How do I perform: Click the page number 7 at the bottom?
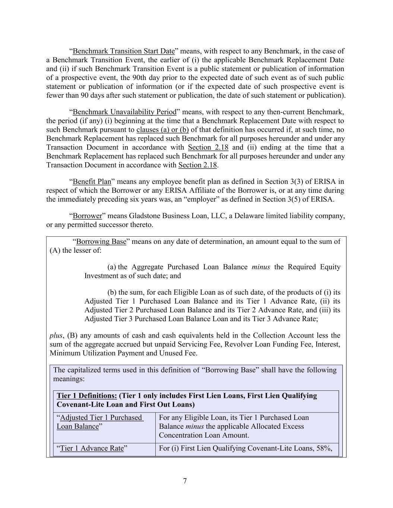click(x=185, y=481)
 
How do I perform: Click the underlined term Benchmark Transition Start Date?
click(x=124, y=51)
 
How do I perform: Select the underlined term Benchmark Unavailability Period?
click(x=124, y=112)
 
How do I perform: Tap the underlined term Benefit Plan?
click(x=92, y=182)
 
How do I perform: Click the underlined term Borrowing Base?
click(x=101, y=242)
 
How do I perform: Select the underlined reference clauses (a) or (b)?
click(x=162, y=130)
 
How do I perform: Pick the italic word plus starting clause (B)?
click(x=56, y=335)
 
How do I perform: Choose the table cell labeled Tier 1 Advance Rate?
click(x=92, y=448)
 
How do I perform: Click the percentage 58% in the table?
click(x=324, y=448)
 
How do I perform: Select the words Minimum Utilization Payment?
click(x=97, y=353)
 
